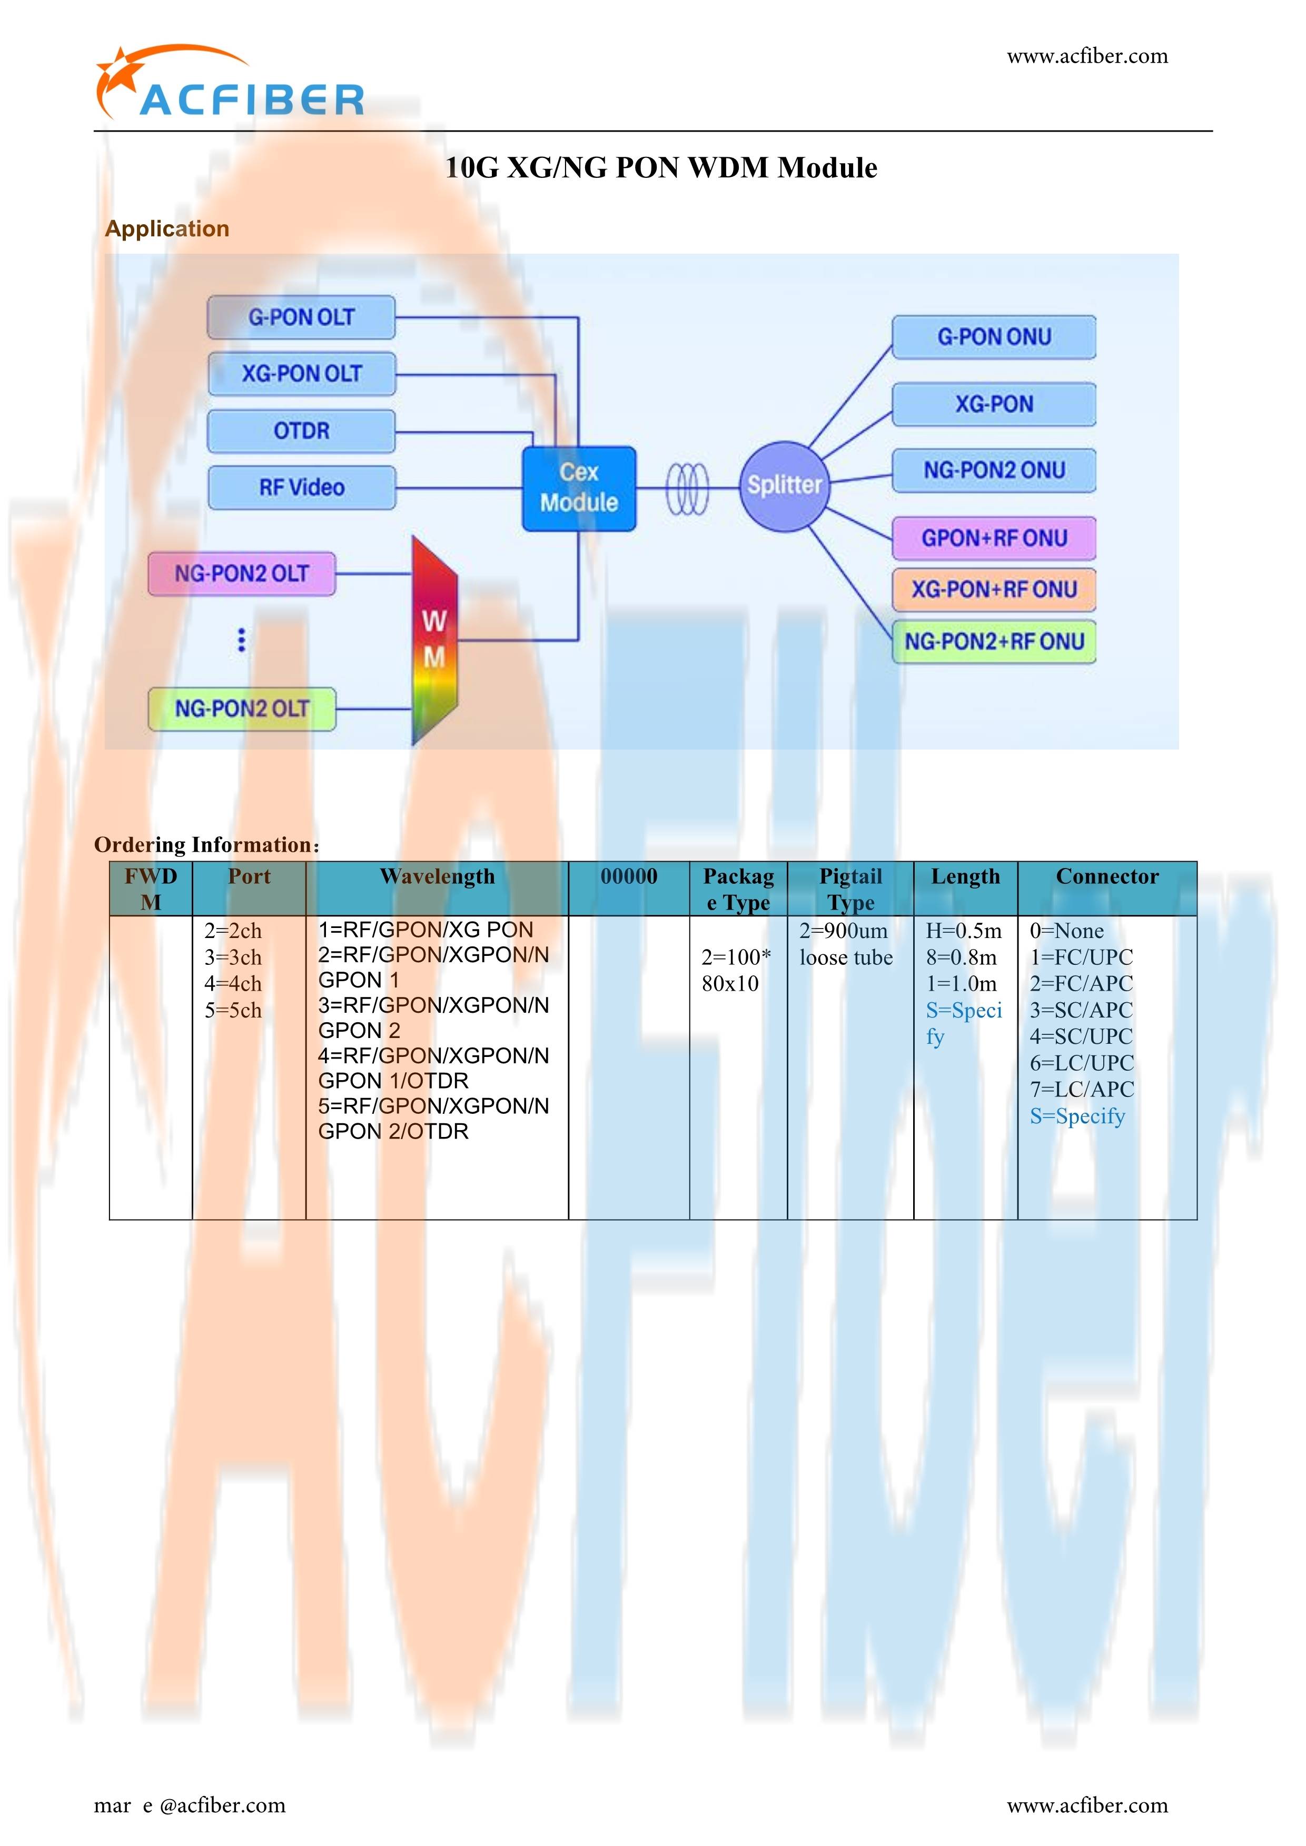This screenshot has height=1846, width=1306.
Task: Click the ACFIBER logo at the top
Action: click(229, 84)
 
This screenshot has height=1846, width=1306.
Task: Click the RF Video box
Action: click(302, 487)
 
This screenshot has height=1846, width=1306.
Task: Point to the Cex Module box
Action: click(579, 488)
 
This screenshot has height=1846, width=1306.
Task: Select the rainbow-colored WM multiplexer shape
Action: click(434, 640)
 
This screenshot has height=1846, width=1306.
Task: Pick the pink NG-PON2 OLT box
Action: click(241, 573)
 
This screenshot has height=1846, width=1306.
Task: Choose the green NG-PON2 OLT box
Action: click(241, 709)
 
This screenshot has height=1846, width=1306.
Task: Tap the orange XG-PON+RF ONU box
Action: click(994, 590)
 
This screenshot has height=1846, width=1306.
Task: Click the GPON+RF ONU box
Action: click(994, 538)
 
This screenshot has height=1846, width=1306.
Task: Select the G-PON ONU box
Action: click(994, 337)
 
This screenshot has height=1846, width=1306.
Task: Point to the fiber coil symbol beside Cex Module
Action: click(688, 489)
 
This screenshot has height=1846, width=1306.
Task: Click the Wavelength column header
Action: click(438, 876)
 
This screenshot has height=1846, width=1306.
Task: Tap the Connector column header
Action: click(1107, 876)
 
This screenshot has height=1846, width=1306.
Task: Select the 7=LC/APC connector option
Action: click(1082, 1090)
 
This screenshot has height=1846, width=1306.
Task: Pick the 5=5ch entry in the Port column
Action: click(233, 1011)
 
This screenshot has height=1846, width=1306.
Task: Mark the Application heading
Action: click(167, 229)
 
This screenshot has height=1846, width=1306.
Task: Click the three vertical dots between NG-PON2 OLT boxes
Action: click(241, 640)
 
